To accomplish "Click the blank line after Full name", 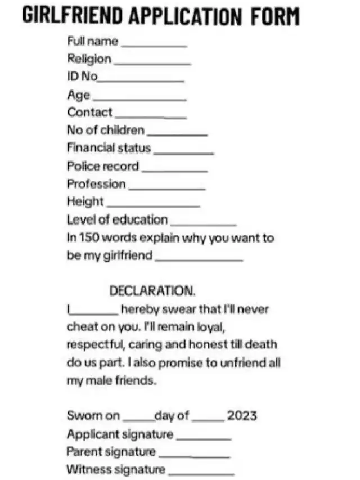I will click(x=154, y=45).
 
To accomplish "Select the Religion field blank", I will click(x=151, y=63).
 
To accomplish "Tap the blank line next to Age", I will click(x=139, y=99).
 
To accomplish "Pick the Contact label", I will click(x=89, y=113).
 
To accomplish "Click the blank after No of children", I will click(x=177, y=134).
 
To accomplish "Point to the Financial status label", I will click(x=109, y=148).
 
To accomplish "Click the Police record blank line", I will click(x=174, y=171).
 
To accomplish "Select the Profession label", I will click(x=96, y=184).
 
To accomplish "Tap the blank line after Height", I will click(x=153, y=206).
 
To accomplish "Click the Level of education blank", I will click(x=203, y=224).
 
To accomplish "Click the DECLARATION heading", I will click(x=152, y=291).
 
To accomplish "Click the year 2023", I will click(x=242, y=416).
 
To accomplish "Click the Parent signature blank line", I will click(x=194, y=456).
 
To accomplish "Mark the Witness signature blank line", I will click(x=201, y=474).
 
